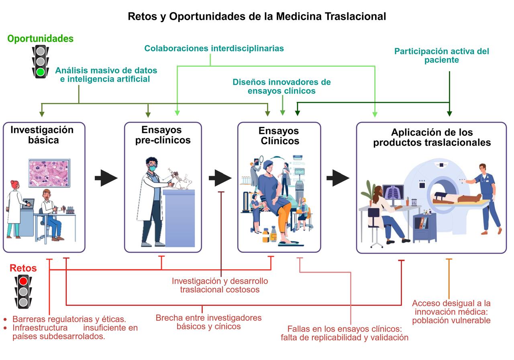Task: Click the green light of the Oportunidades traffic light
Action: coord(40,72)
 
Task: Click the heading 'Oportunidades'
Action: coord(41,39)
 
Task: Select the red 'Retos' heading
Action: coord(23,268)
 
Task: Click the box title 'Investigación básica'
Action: coord(42,135)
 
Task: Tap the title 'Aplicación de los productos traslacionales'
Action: coord(432,137)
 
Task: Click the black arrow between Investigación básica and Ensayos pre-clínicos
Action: coord(106,178)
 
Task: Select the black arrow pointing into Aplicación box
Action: coord(337,178)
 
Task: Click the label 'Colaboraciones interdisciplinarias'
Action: coord(214,48)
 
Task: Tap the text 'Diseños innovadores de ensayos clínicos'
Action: coord(281,86)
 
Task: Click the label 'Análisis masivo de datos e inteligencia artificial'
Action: coord(106,75)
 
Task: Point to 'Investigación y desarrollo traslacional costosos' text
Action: coord(220,285)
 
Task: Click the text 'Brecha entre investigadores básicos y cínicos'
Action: coord(208,322)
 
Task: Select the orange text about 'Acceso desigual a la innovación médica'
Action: coord(451,312)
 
